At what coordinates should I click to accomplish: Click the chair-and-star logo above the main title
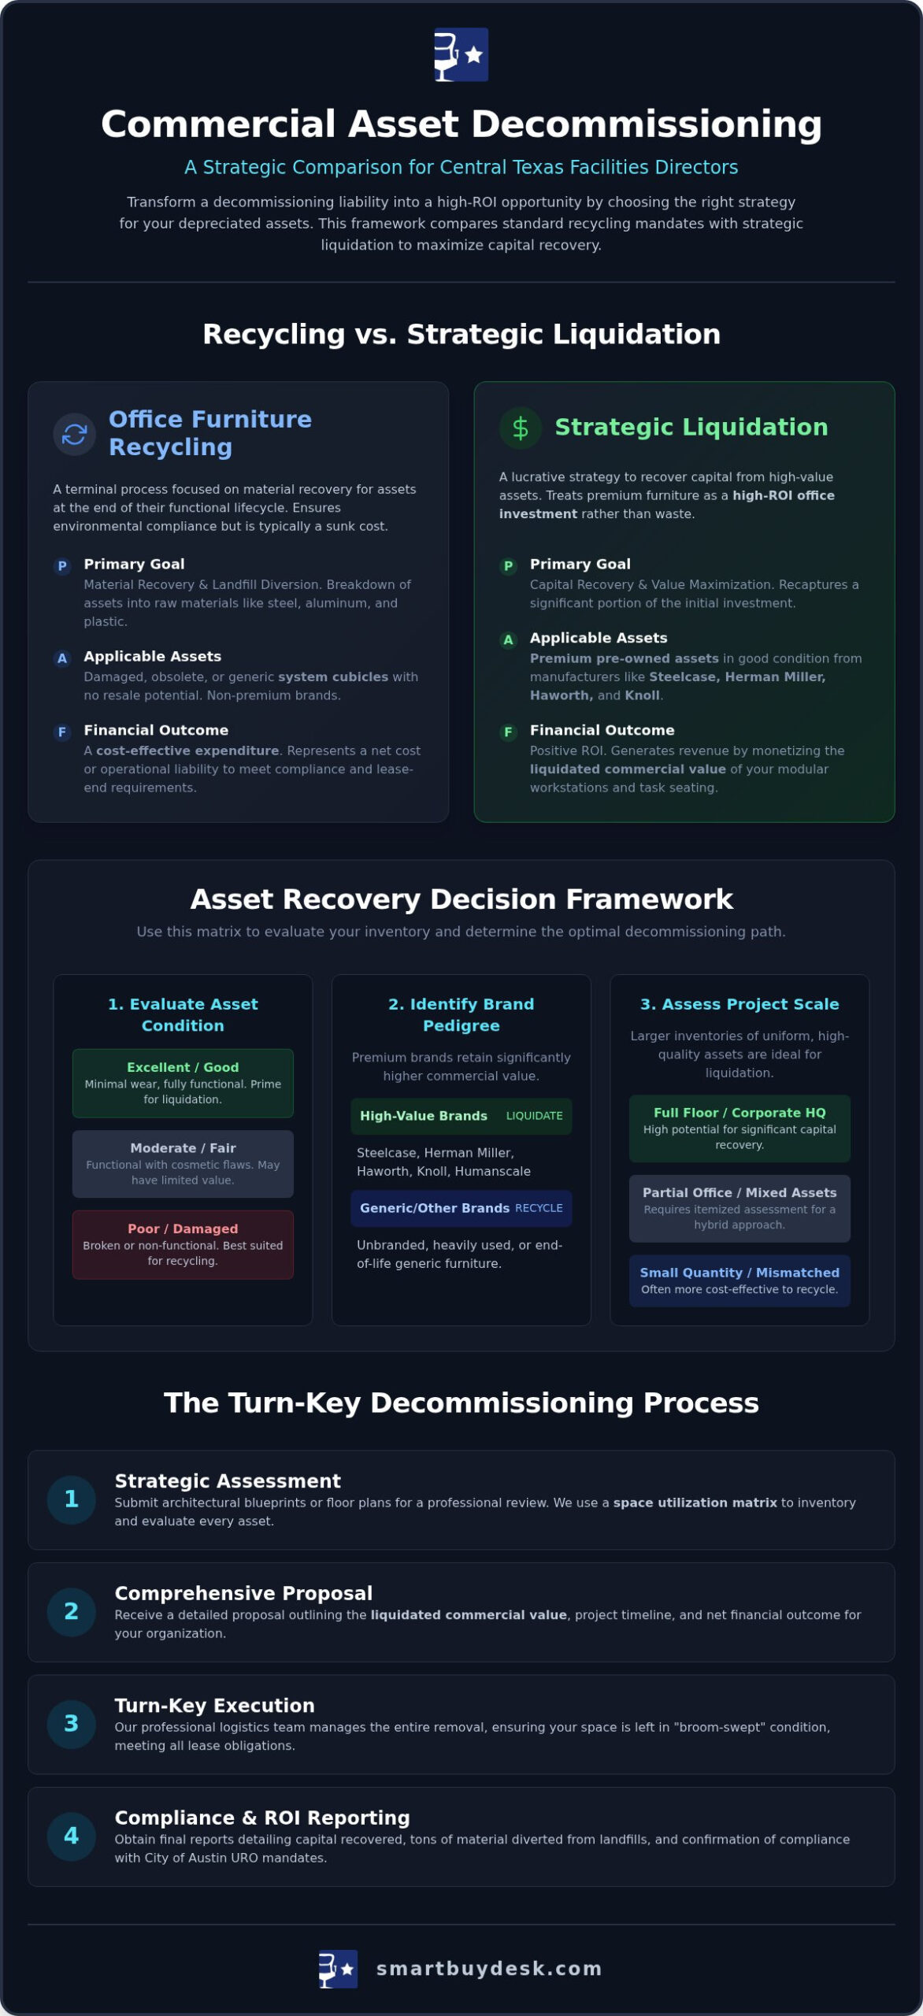click(x=461, y=54)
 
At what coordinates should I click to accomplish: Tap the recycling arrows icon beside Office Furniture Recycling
click(x=74, y=434)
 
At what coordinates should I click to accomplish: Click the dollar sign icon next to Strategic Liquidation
click(x=521, y=428)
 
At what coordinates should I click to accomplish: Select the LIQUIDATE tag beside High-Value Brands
click(x=534, y=1116)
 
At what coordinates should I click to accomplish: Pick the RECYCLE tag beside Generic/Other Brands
click(x=539, y=1208)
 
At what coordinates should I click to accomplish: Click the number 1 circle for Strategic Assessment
click(x=72, y=1499)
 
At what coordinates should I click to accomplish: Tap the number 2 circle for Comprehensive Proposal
click(x=72, y=1612)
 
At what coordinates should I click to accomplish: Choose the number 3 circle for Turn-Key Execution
click(x=72, y=1724)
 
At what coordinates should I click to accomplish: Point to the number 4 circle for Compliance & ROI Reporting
click(x=72, y=1836)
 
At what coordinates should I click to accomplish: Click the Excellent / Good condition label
click(x=183, y=1067)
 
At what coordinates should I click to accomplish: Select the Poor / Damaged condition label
click(x=183, y=1228)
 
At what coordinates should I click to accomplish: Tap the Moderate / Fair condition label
click(x=183, y=1148)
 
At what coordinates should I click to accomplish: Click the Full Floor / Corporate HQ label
click(x=740, y=1113)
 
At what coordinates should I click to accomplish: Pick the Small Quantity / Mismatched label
click(x=740, y=1273)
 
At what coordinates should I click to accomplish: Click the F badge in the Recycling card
click(x=62, y=732)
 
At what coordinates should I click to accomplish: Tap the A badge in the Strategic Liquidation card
click(x=508, y=640)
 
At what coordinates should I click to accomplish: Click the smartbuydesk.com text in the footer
click(x=489, y=1969)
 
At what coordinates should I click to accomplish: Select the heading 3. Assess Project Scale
click(x=740, y=1004)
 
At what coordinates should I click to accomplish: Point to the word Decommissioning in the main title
click(x=647, y=124)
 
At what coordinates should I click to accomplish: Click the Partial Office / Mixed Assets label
click(x=740, y=1193)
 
